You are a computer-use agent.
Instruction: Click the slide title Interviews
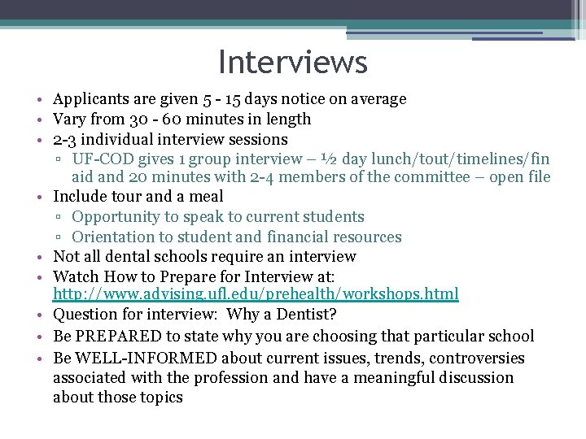[293, 62]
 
